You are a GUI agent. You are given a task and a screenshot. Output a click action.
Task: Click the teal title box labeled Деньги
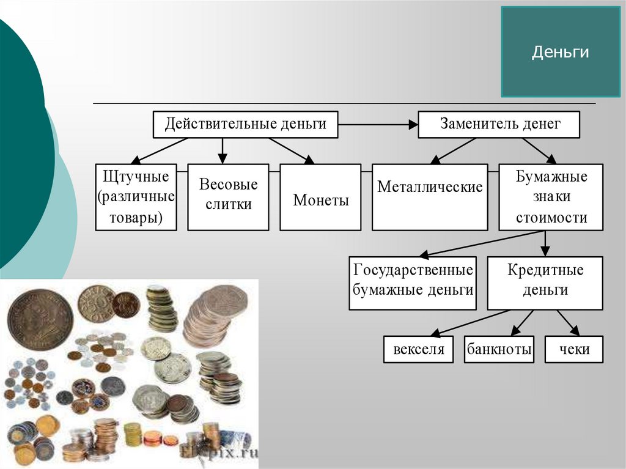coord(560,52)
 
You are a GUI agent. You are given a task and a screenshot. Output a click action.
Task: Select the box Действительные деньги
coord(245,124)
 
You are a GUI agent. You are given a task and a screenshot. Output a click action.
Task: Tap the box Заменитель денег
coord(499,124)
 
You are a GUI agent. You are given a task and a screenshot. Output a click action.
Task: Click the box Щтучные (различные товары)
coord(136,197)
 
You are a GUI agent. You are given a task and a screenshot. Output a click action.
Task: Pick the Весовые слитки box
coord(228,197)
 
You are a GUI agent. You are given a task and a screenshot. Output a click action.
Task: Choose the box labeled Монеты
coord(321,197)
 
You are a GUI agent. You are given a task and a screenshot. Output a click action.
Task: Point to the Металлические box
coord(430,197)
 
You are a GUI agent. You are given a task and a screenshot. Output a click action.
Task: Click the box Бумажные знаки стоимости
coord(551,197)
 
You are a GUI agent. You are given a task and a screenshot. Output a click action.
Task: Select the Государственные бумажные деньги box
coord(413,283)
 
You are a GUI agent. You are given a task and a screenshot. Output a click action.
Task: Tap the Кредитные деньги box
coord(545,283)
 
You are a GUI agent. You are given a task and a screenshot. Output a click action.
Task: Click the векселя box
coord(419,350)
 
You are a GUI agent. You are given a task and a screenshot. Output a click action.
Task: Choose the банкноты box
coord(499,350)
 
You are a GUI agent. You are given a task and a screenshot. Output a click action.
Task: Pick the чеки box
coord(574,350)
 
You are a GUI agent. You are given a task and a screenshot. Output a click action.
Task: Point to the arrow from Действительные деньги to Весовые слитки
coord(223,150)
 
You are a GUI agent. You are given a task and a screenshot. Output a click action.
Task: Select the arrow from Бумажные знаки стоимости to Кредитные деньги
coord(545,243)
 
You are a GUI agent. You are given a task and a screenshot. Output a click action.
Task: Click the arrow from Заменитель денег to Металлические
coord(453,150)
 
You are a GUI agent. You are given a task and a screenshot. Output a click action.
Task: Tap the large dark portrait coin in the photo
coord(40,320)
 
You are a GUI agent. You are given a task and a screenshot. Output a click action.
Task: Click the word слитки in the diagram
coord(228,205)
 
